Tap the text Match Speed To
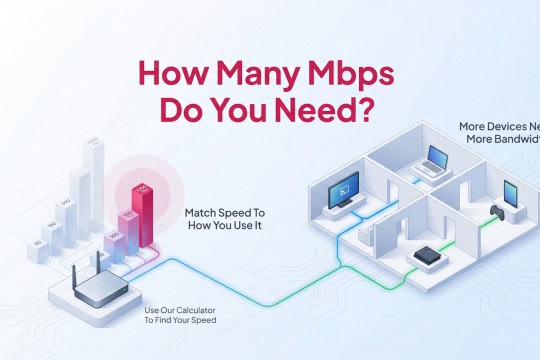(x=226, y=214)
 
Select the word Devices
(x=504, y=128)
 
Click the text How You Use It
(x=225, y=228)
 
